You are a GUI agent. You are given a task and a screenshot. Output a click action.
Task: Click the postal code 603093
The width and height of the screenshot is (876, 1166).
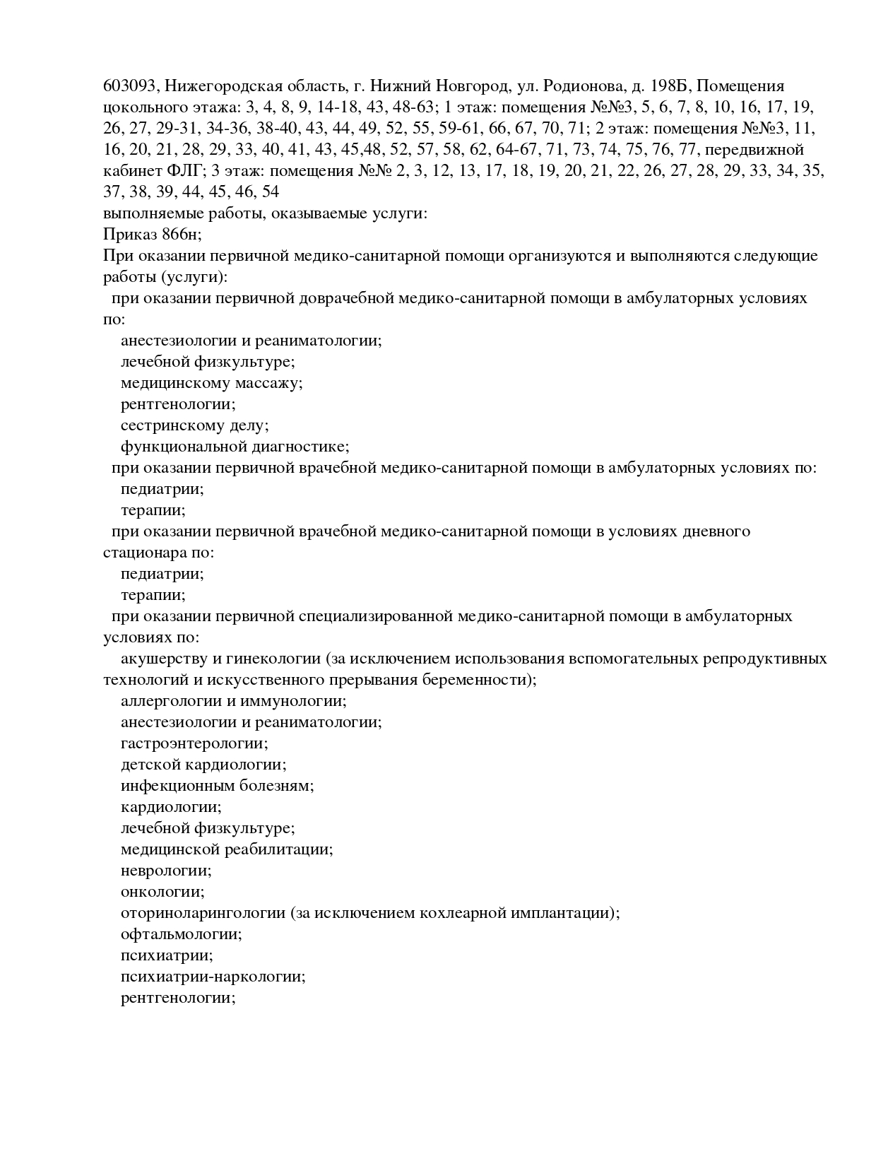point(129,86)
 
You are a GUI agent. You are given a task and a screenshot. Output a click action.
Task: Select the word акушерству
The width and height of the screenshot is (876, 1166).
point(162,659)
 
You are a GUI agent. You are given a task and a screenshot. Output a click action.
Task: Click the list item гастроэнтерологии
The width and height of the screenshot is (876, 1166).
point(194,743)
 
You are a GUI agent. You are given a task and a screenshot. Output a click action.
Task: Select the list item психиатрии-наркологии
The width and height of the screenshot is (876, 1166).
point(213,977)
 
